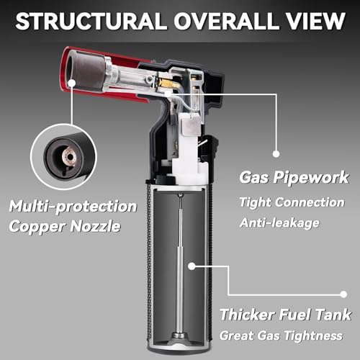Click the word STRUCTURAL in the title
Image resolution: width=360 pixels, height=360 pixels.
[91, 21]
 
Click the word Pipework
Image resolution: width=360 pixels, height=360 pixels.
[311, 178]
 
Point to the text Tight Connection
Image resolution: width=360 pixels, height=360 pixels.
[292, 202]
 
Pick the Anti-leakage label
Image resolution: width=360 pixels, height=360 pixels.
[279, 222]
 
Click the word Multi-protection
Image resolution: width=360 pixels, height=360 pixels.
[73, 207]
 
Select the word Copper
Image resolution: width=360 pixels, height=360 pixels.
[37, 227]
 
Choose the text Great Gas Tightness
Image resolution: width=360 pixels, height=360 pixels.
[281, 335]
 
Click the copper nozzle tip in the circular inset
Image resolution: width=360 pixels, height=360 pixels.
[70, 157]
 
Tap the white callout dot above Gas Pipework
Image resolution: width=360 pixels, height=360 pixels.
[276, 154]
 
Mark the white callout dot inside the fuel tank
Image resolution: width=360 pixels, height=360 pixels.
[192, 266]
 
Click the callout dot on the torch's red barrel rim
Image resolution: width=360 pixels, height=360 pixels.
[71, 83]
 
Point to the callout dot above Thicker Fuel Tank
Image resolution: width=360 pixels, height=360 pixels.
[343, 294]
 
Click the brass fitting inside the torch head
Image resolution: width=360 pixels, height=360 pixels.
[166, 84]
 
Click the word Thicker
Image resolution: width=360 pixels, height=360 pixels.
[246, 314]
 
